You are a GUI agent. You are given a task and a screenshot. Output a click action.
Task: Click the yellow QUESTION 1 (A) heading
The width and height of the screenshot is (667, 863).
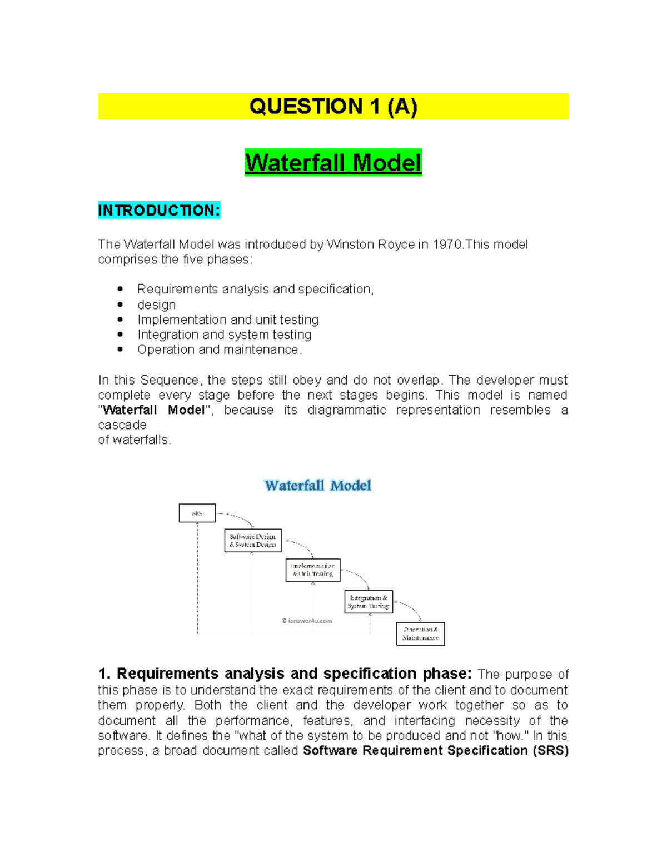point(333,106)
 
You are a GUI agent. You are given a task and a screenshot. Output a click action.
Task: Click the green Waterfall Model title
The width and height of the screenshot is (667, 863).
point(333,163)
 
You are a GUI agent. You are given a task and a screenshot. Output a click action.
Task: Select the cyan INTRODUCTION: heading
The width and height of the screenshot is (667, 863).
point(159,211)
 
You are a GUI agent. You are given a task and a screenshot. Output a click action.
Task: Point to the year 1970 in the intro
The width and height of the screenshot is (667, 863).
point(447,245)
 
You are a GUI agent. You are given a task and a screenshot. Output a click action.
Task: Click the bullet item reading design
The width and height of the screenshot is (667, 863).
point(156,305)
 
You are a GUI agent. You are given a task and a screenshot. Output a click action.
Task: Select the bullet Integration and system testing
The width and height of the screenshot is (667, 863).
point(224,335)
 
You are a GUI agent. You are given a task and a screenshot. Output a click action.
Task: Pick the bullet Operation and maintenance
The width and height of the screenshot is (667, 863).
point(219,350)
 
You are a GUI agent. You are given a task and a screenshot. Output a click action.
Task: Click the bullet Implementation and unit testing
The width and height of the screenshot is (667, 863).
point(228,320)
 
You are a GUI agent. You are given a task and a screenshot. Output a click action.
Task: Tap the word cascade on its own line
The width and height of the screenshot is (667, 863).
point(122,425)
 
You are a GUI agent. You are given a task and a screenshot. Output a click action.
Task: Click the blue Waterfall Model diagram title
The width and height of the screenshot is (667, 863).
point(318,486)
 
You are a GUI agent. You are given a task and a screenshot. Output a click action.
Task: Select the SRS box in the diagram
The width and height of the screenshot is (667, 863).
point(197,513)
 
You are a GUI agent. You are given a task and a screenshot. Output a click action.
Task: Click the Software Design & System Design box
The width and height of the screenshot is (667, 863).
point(253,540)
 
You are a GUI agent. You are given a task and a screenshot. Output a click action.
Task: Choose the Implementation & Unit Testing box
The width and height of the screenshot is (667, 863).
point(313,570)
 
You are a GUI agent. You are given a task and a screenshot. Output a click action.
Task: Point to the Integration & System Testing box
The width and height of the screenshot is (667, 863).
point(369,602)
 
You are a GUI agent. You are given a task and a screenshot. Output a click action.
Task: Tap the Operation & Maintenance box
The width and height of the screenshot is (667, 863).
point(420,634)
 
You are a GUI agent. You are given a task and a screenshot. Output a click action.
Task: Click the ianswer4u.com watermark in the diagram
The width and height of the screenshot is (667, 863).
point(307,621)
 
